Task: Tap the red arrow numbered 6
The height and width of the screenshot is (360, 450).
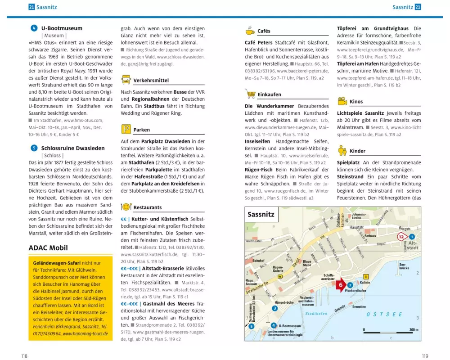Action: click(340, 285)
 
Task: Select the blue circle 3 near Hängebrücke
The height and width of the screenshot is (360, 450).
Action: click(274, 308)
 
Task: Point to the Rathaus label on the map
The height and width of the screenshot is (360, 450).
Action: click(370, 235)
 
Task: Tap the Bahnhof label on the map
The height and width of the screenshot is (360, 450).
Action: click(258, 261)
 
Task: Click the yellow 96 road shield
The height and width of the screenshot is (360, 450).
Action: click(280, 276)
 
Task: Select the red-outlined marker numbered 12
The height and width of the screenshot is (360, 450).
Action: click(402, 236)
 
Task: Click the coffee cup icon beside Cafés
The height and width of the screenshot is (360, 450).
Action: click(250, 31)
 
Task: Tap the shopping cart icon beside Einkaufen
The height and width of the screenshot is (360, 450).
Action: click(250, 94)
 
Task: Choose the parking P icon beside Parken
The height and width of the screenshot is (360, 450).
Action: click(126, 130)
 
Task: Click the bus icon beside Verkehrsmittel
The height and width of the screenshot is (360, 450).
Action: click(126, 80)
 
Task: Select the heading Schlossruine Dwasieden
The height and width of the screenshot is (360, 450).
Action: click(72, 148)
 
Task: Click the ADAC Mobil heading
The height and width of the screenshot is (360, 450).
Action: click(48, 247)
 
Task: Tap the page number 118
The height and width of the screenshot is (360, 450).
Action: click(24, 356)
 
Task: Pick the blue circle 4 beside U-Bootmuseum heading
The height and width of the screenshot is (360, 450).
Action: click(34, 28)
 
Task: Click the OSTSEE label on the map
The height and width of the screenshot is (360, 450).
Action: click(384, 315)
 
